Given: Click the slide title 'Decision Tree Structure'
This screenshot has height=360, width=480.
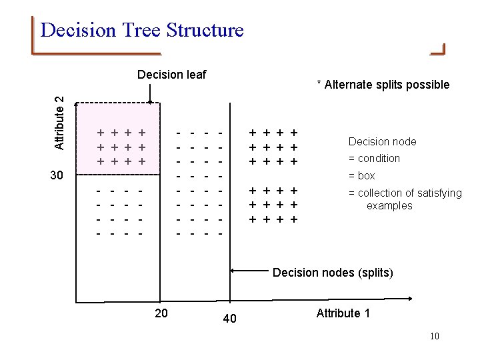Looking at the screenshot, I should tap(141, 30).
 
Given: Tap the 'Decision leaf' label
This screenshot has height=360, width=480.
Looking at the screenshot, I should tap(171, 74).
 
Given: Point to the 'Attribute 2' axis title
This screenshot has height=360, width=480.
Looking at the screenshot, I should tap(59, 123).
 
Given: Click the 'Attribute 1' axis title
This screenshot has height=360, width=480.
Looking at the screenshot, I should tap(343, 313).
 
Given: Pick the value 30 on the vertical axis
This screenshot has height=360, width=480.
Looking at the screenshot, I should tap(57, 176).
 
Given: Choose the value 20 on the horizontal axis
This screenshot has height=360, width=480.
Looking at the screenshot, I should tap(161, 313).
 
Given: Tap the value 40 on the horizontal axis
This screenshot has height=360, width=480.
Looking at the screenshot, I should tap(229, 319).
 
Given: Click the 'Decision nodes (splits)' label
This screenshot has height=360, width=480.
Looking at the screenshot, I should tap(333, 273).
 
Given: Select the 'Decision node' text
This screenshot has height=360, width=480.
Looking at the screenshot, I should tap(382, 141).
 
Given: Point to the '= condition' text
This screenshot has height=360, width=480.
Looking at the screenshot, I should tap(374, 159).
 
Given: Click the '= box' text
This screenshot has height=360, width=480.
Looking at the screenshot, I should tap(361, 176).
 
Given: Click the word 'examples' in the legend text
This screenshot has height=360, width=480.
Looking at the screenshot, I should tap(389, 206).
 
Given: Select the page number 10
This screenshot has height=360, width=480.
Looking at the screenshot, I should tap(435, 336).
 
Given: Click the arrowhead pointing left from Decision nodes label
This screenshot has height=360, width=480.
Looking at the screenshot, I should tap(233, 271).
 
